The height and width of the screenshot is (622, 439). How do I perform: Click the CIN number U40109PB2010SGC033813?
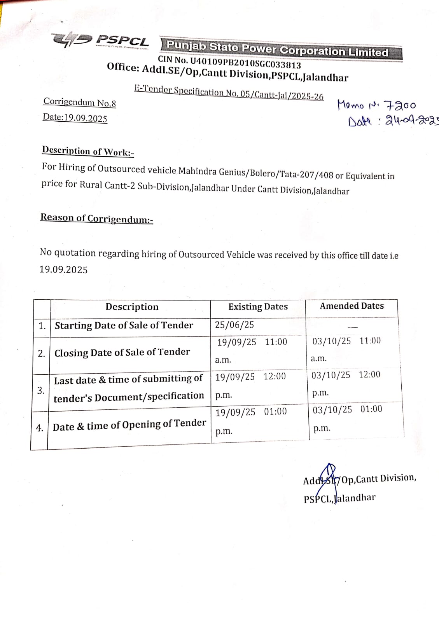coord(229,62)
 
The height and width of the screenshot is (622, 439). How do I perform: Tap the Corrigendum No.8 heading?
coord(80,103)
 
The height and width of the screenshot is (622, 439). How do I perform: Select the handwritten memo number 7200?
coord(400,105)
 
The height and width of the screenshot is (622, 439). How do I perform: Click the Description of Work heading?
coord(88,151)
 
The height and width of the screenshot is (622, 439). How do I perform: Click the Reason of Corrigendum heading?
coord(97,218)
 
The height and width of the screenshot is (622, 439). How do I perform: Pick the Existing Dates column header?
coord(258,307)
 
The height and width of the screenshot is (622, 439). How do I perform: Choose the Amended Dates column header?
coord(352,306)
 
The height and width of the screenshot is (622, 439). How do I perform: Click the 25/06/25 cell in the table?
coord(234,325)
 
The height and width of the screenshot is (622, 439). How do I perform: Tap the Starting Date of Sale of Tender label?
coord(124,325)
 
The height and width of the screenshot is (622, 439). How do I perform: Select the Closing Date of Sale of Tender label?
coord(122,353)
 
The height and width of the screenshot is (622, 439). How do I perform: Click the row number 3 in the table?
coord(41,391)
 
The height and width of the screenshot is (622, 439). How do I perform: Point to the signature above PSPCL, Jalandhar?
coord(328,477)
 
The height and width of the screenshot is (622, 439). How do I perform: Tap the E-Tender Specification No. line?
coord(229,93)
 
